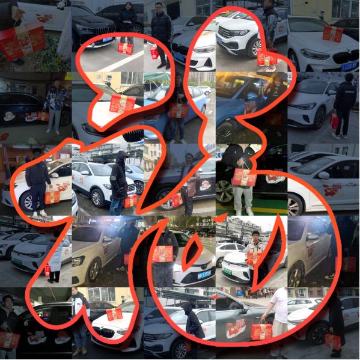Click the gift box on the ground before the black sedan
(126, 47)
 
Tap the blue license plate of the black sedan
(108, 40)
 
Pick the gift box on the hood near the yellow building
(123, 103)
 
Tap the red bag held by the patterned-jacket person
(43, 116)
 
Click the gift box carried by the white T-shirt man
(261, 331)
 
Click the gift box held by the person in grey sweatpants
(244, 177)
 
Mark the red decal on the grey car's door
(236, 328)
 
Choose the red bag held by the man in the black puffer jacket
(154, 53)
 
